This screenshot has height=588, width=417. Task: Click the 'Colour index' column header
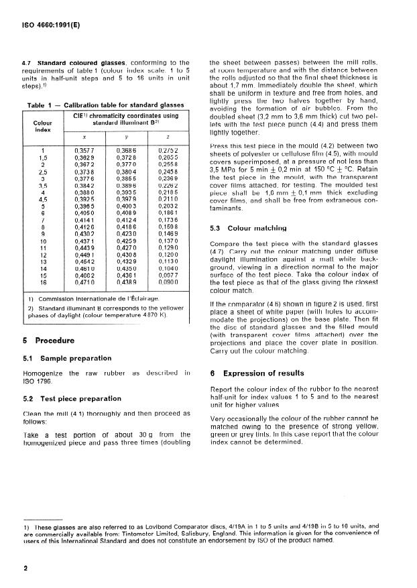(42, 127)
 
